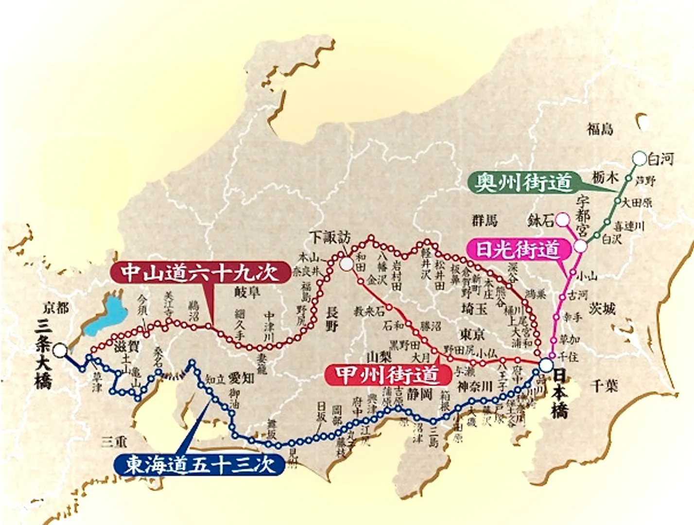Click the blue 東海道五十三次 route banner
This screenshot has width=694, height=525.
(199, 464)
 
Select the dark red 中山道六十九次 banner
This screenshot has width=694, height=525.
(200, 273)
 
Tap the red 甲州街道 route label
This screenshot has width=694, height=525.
(387, 375)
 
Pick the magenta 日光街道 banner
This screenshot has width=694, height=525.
(518, 249)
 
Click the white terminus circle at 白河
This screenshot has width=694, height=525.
(639, 158)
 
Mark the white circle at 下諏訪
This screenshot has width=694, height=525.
(347, 264)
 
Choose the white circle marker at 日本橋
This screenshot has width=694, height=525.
(546, 365)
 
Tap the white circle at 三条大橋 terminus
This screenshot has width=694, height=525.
(60, 350)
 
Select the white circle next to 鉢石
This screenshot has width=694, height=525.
(562, 220)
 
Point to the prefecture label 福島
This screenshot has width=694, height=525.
(600, 129)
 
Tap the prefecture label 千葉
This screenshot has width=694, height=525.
(605, 386)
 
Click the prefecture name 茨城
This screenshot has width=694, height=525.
(603, 308)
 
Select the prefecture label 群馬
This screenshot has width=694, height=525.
(485, 221)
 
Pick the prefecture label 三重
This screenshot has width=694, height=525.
(114, 442)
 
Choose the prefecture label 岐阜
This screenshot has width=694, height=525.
(247, 292)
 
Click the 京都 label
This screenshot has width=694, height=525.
(56, 307)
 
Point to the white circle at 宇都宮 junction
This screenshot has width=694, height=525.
(581, 246)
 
